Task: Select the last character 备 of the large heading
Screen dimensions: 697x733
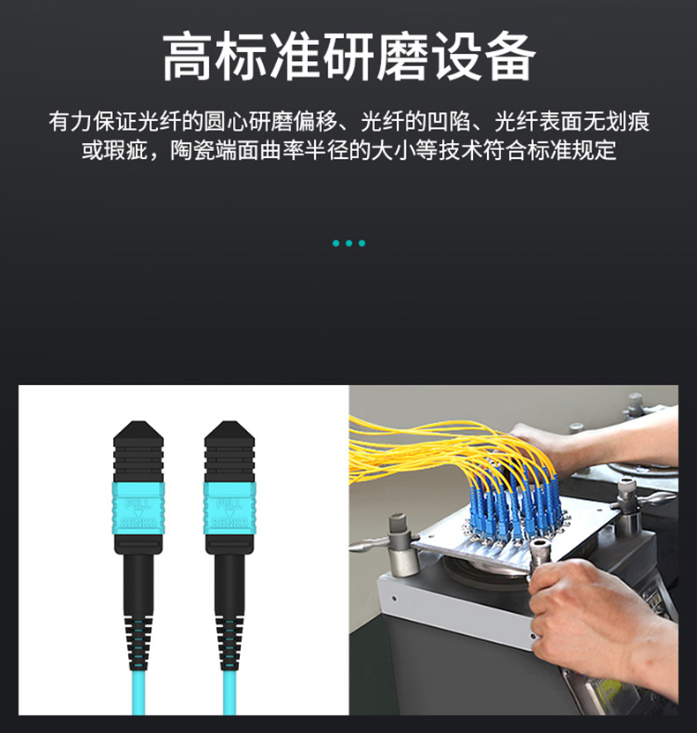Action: click(x=509, y=57)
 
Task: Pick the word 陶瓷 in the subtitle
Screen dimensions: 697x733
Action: click(x=191, y=150)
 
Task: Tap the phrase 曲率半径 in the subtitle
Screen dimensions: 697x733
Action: click(x=304, y=150)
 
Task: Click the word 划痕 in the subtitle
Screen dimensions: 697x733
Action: click(x=627, y=122)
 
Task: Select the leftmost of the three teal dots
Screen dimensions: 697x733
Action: click(x=335, y=243)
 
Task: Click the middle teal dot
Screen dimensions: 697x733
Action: click(x=348, y=243)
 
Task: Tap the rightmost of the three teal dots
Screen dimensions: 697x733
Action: click(x=362, y=243)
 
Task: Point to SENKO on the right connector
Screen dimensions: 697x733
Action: click(x=229, y=523)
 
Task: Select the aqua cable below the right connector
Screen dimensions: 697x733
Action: click(x=229, y=692)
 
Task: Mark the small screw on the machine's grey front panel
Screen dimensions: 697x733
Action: click(x=394, y=598)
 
